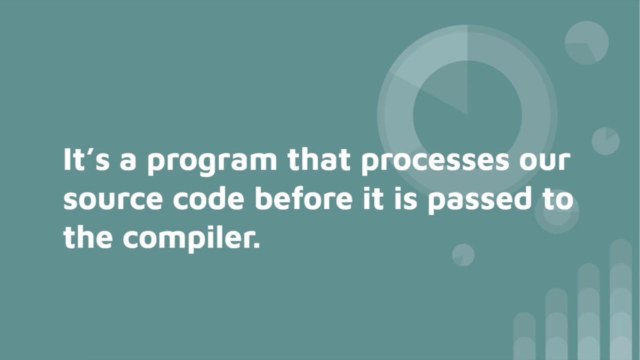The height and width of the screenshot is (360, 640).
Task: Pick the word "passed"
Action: [x=479, y=199]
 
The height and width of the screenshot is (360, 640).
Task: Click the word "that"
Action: [x=319, y=160]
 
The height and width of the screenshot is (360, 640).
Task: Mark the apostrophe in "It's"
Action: [x=91, y=151]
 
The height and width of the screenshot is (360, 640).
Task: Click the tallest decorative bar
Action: [x=620, y=300]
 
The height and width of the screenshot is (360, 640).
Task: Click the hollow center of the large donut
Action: [x=467, y=115]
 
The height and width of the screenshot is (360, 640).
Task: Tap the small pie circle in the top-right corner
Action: [x=586, y=43]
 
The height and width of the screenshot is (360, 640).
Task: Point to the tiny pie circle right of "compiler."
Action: [x=463, y=255]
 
